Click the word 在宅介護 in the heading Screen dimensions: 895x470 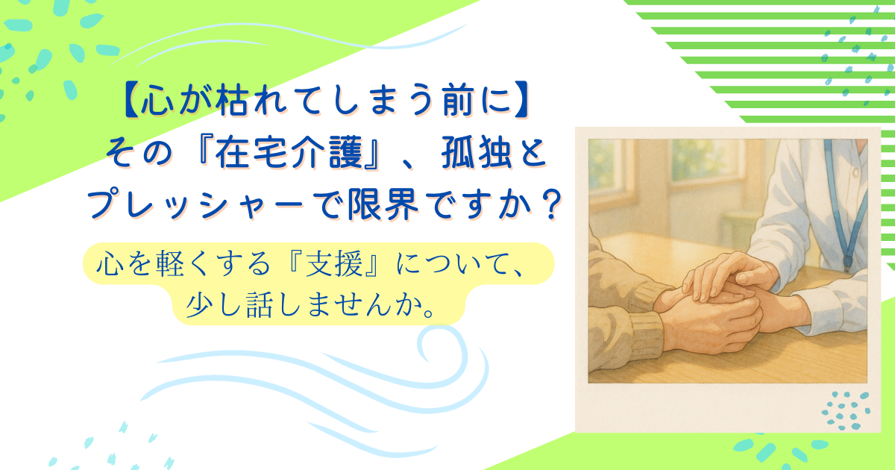(x=289, y=152)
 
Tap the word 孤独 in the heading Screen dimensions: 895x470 (x=477, y=152)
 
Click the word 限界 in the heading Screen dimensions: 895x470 (x=383, y=204)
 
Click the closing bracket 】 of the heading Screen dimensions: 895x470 (x=522, y=101)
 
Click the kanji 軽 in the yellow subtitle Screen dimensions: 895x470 (x=170, y=263)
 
